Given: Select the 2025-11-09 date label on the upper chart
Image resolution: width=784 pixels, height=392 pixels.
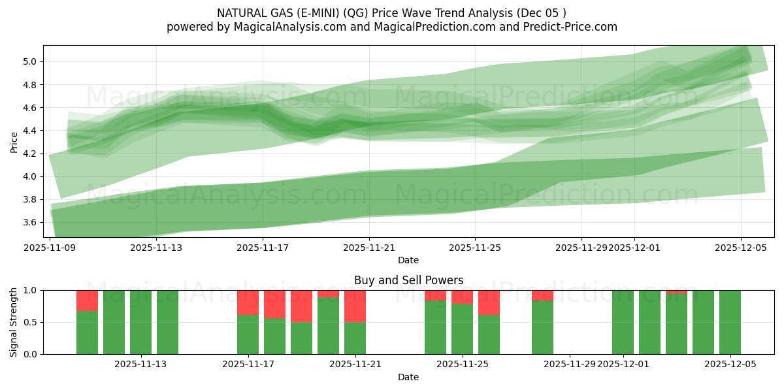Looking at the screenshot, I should click(x=50, y=248).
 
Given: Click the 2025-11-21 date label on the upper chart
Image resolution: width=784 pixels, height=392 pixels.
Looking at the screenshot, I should click(x=369, y=248).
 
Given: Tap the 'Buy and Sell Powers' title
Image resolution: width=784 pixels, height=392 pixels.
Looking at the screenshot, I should click(x=408, y=280).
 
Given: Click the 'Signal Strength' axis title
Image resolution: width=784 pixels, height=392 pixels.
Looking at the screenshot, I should click(x=14, y=322).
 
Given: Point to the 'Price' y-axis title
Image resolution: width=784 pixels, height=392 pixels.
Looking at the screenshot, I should click(x=14, y=141).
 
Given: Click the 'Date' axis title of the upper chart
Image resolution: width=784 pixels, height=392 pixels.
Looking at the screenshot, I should click(x=408, y=260).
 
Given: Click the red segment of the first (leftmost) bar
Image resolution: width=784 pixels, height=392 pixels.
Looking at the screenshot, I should click(x=87, y=300).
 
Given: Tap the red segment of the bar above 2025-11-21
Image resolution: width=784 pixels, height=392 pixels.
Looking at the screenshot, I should click(x=355, y=306).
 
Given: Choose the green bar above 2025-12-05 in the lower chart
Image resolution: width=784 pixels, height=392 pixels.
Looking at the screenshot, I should click(x=730, y=322).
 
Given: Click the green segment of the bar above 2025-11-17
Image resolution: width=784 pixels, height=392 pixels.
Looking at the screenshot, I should click(x=248, y=335).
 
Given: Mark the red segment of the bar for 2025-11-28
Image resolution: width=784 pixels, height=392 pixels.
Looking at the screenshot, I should click(x=542, y=295).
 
